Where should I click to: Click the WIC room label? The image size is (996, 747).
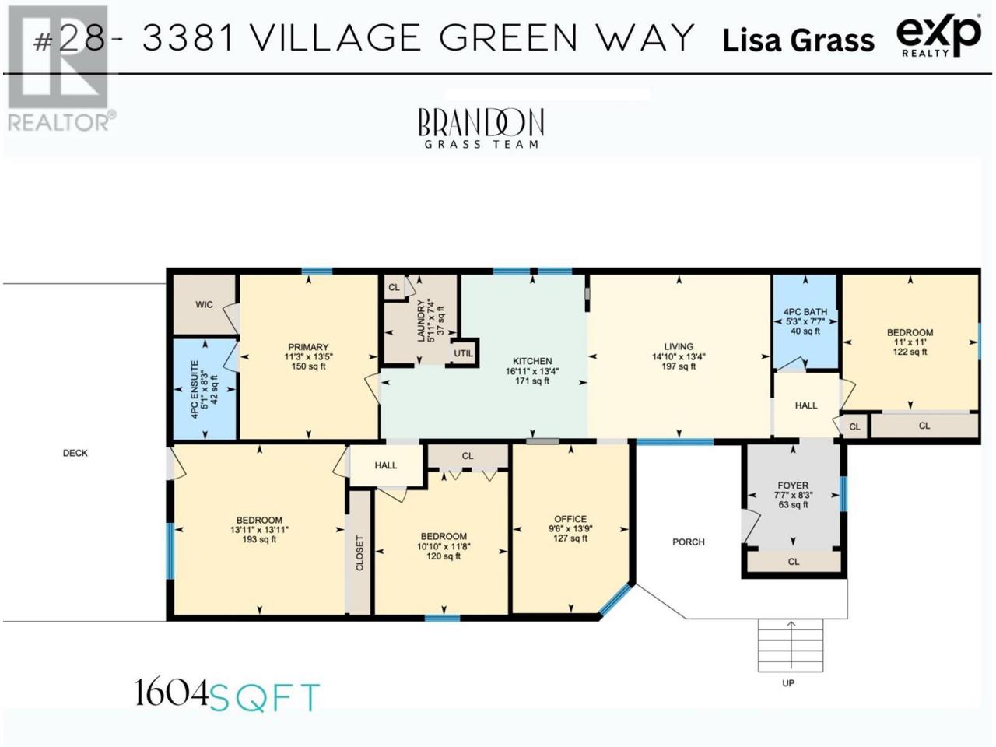204,305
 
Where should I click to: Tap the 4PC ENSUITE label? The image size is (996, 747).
195,389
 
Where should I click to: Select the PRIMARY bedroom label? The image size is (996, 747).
308,347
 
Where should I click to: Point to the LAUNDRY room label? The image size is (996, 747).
421,321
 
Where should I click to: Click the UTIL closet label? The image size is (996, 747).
463,353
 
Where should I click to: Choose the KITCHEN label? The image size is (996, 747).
532,361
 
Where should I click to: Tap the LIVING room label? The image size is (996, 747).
679,346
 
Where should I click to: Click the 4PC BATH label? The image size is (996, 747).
805,311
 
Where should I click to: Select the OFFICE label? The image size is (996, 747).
570,519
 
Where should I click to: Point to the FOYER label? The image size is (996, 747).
793,486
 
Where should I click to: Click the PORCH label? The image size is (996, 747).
689,542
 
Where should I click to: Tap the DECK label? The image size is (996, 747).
75,453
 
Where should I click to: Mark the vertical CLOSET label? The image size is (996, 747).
359,553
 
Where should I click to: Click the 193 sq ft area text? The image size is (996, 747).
259,540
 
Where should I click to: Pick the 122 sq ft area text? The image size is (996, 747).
910,352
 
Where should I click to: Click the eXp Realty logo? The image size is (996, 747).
938,37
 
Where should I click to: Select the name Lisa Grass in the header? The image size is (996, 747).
798,40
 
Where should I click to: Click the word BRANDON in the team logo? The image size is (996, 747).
481,123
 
